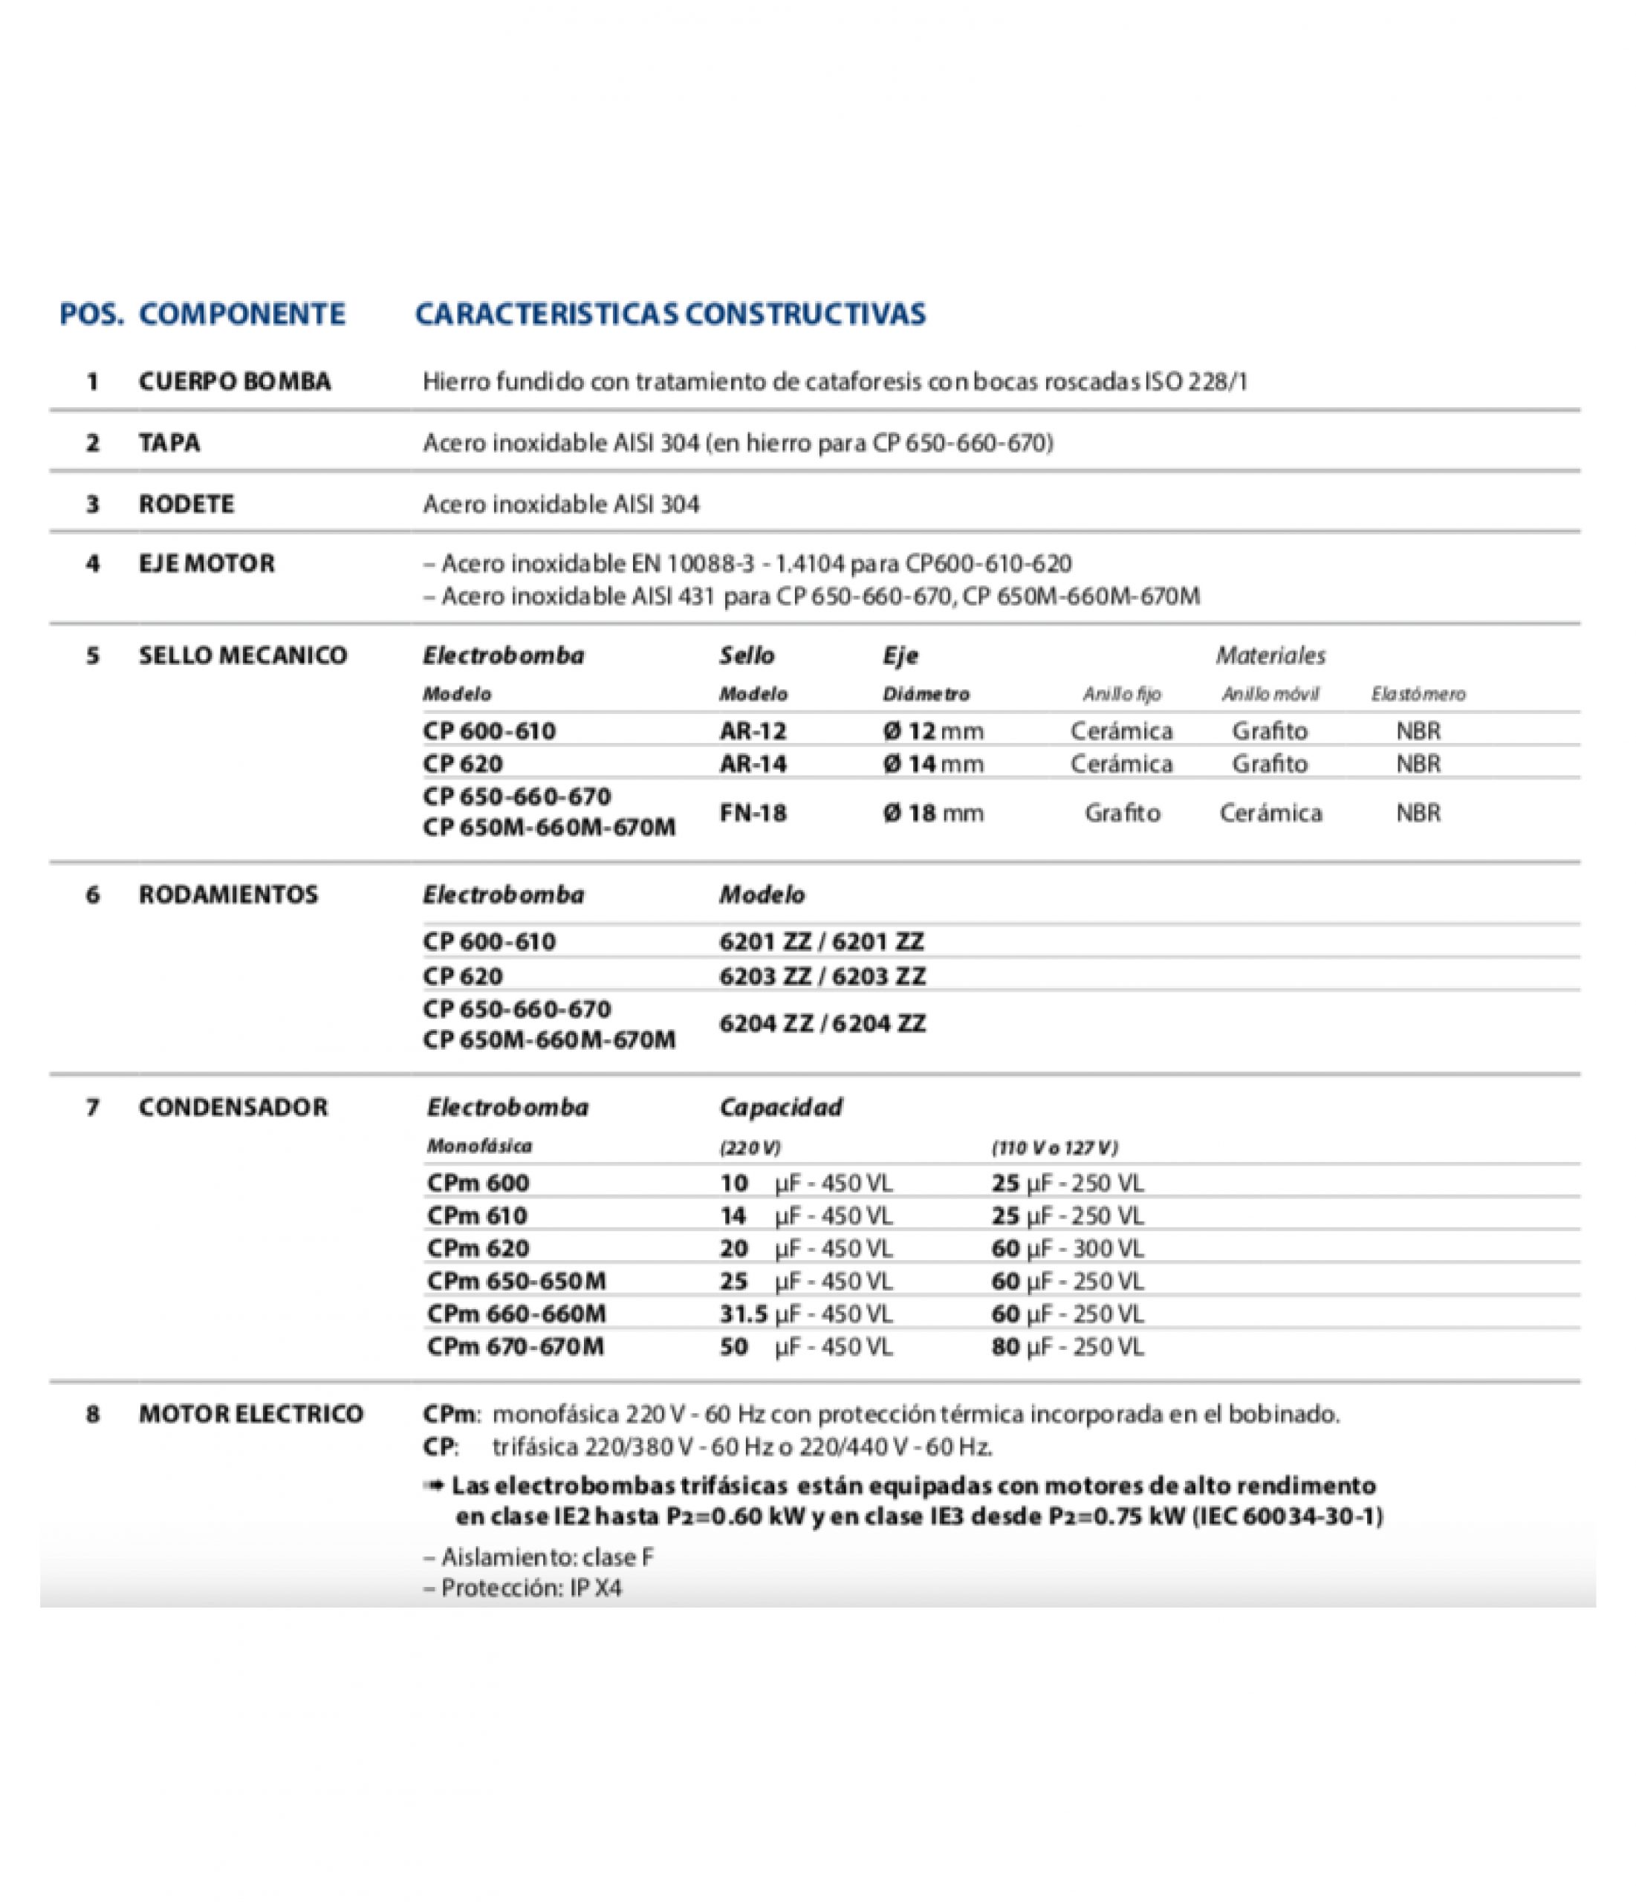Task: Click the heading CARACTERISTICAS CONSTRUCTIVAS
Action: coord(670,314)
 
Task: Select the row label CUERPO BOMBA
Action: coord(234,382)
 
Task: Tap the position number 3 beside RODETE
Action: coord(93,504)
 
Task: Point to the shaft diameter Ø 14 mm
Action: coord(932,764)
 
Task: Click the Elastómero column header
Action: coord(1418,694)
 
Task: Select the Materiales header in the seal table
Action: coord(1270,655)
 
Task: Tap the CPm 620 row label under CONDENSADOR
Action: coord(478,1248)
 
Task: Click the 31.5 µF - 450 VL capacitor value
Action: coord(806,1314)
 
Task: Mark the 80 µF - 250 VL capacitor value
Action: coord(1068,1347)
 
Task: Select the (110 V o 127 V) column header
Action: coord(1054,1147)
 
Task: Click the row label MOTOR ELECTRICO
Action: coord(250,1414)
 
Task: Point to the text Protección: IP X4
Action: coord(522,1587)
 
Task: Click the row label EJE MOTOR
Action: coord(207,564)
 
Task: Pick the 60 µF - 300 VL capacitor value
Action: coord(1068,1248)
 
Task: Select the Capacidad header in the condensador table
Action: coord(780,1107)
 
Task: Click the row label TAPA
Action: coord(169,444)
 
